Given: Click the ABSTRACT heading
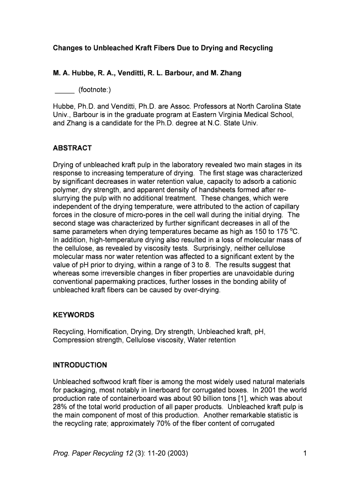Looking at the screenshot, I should click(72, 148).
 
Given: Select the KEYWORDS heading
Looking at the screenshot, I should click(73, 315).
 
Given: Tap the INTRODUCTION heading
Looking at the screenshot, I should click(80, 365).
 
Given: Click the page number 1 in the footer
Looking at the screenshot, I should click(304, 453).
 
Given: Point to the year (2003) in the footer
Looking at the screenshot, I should click(178, 453).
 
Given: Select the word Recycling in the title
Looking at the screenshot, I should click(256, 48).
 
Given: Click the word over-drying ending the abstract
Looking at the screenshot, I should click(200, 290).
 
